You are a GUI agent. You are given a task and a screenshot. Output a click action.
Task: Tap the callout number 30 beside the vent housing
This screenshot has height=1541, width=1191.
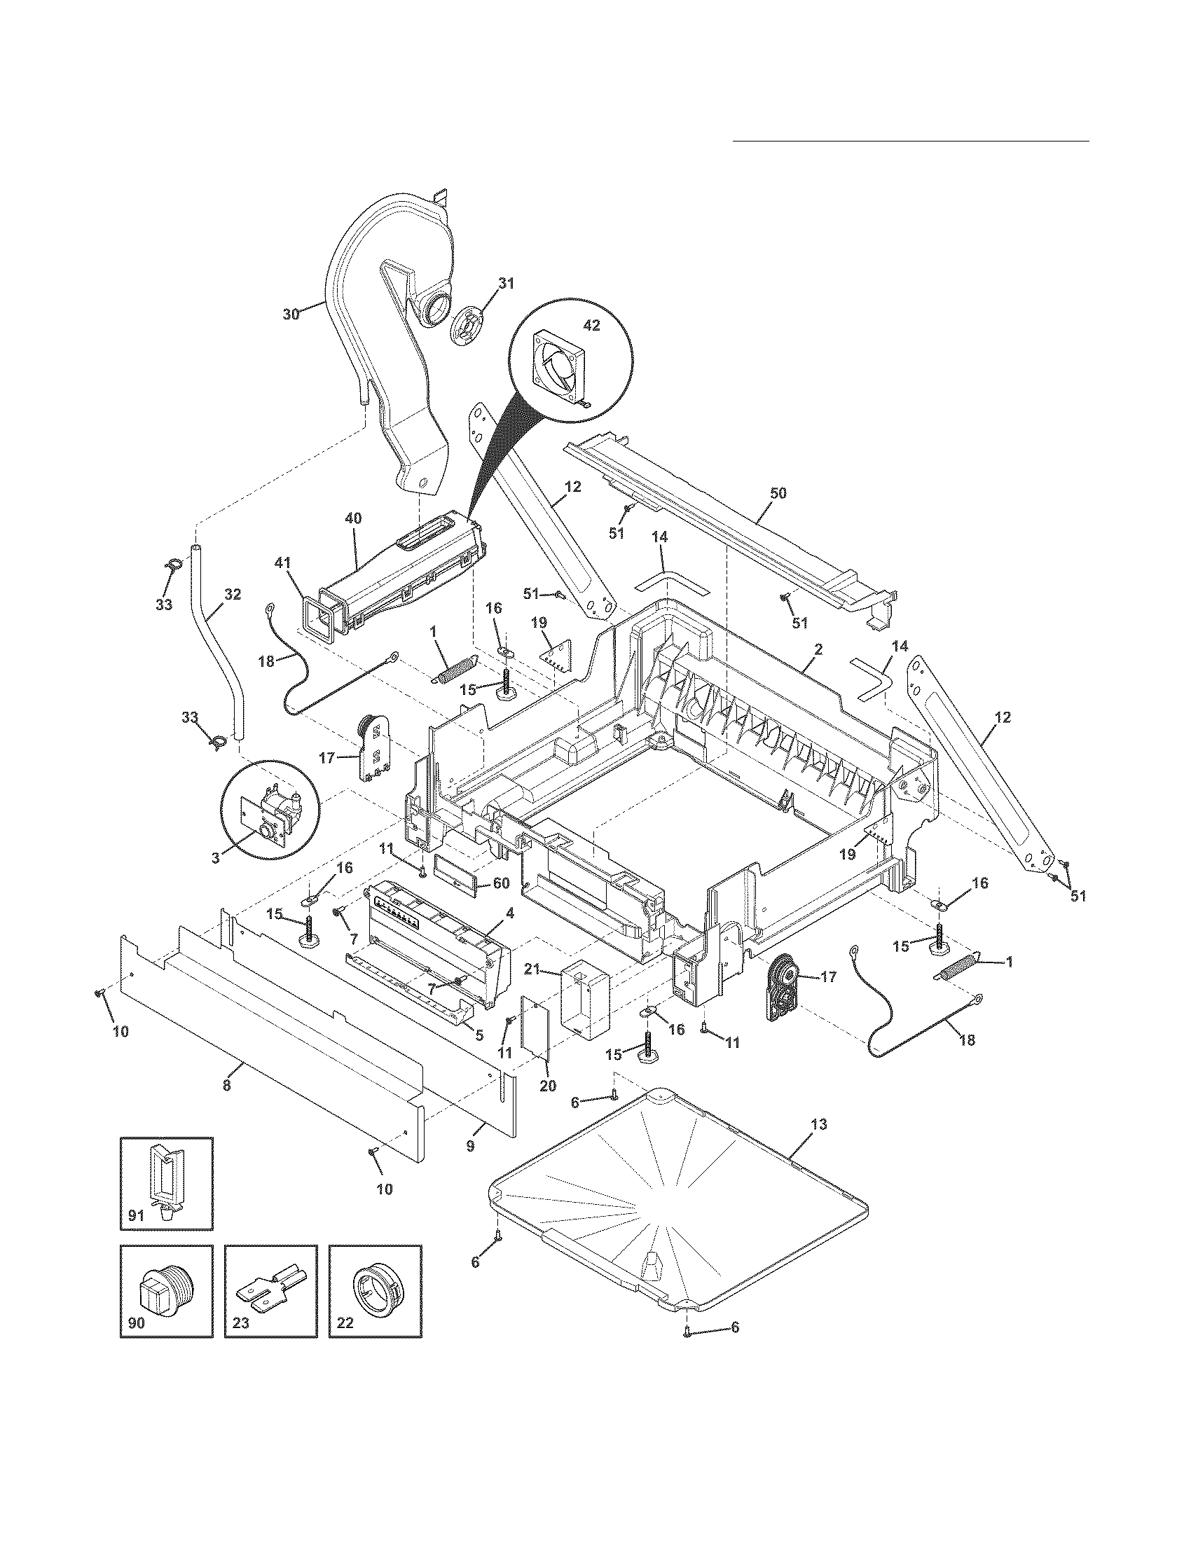coord(291,314)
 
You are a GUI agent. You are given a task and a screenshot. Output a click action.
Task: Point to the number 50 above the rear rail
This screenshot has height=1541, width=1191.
coord(778,493)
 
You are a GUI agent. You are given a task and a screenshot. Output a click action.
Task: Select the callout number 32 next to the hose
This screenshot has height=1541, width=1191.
coord(232,595)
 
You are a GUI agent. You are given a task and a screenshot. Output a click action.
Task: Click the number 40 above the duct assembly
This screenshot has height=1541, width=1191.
coord(354,518)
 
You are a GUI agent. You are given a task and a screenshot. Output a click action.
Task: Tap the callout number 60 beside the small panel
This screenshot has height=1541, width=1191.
coord(500,883)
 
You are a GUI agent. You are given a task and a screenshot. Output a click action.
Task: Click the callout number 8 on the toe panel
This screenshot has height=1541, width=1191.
coord(226,1086)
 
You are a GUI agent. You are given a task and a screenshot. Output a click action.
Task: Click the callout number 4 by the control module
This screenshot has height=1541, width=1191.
coord(509,912)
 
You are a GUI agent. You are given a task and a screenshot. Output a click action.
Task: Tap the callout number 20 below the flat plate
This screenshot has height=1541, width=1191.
coord(548,1086)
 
